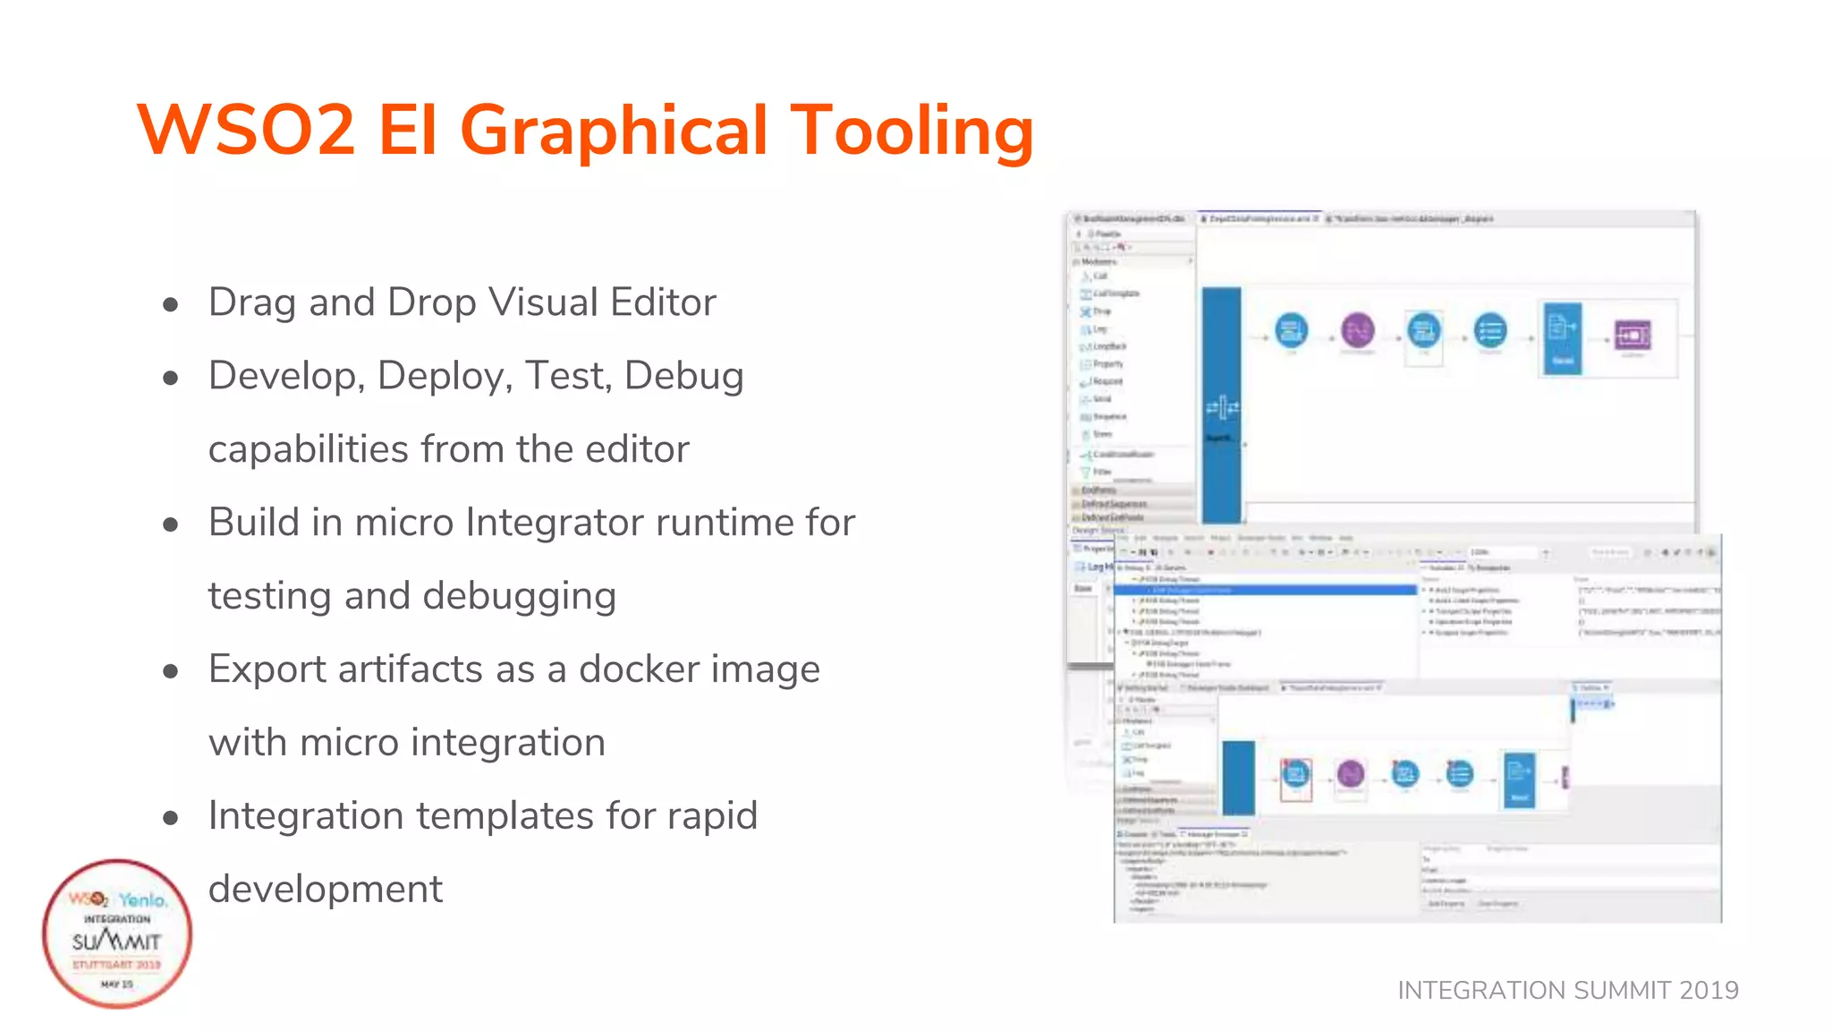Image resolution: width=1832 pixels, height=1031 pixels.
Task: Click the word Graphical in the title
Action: (x=613, y=131)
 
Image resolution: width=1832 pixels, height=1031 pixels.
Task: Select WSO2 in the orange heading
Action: (x=246, y=131)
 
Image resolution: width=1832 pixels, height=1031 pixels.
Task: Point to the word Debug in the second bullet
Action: (x=683, y=376)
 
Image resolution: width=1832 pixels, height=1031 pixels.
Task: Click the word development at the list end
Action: (x=326, y=890)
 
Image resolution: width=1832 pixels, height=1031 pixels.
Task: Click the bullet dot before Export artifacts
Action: (x=171, y=671)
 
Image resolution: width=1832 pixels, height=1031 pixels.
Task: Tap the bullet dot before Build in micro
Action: (x=171, y=524)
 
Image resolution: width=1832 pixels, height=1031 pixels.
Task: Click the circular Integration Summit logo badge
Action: (x=117, y=933)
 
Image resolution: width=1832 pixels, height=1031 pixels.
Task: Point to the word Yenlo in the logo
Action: (x=143, y=899)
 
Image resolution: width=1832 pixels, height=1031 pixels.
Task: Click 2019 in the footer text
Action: (x=1709, y=990)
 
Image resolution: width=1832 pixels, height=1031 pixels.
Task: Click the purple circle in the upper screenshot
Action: (x=1357, y=330)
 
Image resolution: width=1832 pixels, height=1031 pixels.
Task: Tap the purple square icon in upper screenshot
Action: (x=1633, y=336)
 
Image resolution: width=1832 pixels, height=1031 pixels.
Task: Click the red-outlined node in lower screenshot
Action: (x=1295, y=774)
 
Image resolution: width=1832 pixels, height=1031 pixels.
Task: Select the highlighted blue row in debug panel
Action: (x=1266, y=590)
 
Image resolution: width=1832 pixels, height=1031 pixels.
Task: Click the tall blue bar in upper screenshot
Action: (x=1221, y=405)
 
